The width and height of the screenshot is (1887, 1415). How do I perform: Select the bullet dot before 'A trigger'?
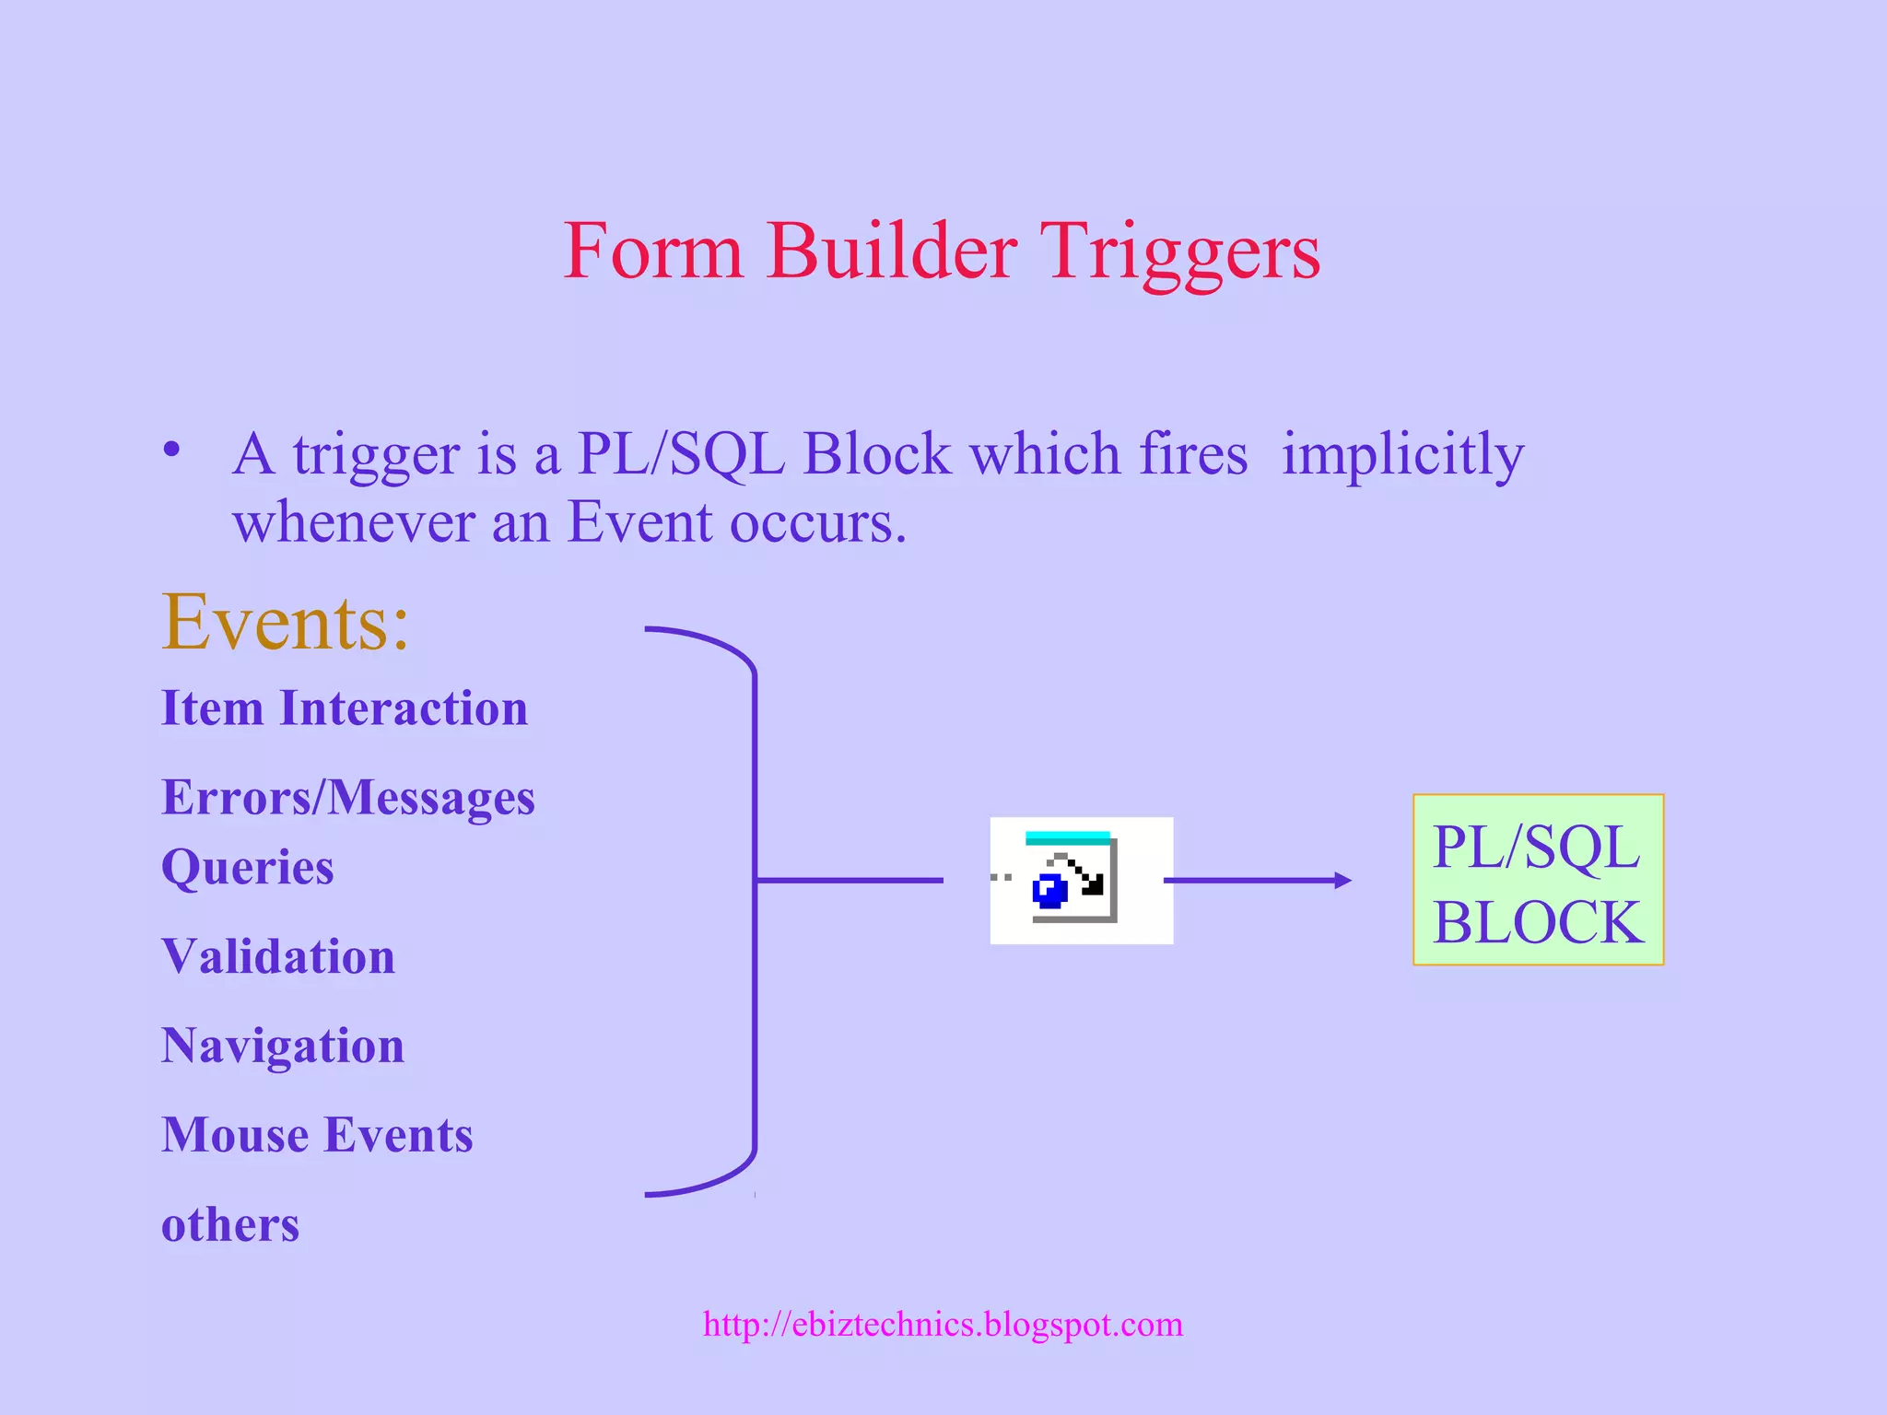point(171,450)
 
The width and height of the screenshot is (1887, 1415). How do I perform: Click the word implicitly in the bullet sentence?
point(1402,455)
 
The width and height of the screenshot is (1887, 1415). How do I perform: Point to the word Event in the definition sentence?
point(639,522)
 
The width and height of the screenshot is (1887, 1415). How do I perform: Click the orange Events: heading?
point(285,623)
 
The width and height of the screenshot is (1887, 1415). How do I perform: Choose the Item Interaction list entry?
point(345,707)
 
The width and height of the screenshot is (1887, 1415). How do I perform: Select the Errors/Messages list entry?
point(347,797)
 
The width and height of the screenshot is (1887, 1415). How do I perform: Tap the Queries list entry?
point(247,867)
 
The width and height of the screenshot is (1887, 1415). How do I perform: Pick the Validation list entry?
point(278,956)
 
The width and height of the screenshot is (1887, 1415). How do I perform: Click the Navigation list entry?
point(283,1046)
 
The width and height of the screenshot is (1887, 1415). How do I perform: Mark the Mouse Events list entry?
point(317,1134)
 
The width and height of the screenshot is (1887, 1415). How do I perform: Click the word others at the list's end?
point(230,1224)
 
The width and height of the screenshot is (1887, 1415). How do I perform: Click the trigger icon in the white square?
point(1081,880)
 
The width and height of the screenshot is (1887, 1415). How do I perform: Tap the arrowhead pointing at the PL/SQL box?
point(1343,881)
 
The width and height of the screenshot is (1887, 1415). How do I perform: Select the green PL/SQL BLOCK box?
point(1538,880)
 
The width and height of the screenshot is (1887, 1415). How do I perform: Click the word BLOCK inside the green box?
point(1538,921)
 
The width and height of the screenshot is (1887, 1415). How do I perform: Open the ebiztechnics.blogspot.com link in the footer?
point(943,1324)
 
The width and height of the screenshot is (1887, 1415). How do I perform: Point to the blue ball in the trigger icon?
point(1049,891)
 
